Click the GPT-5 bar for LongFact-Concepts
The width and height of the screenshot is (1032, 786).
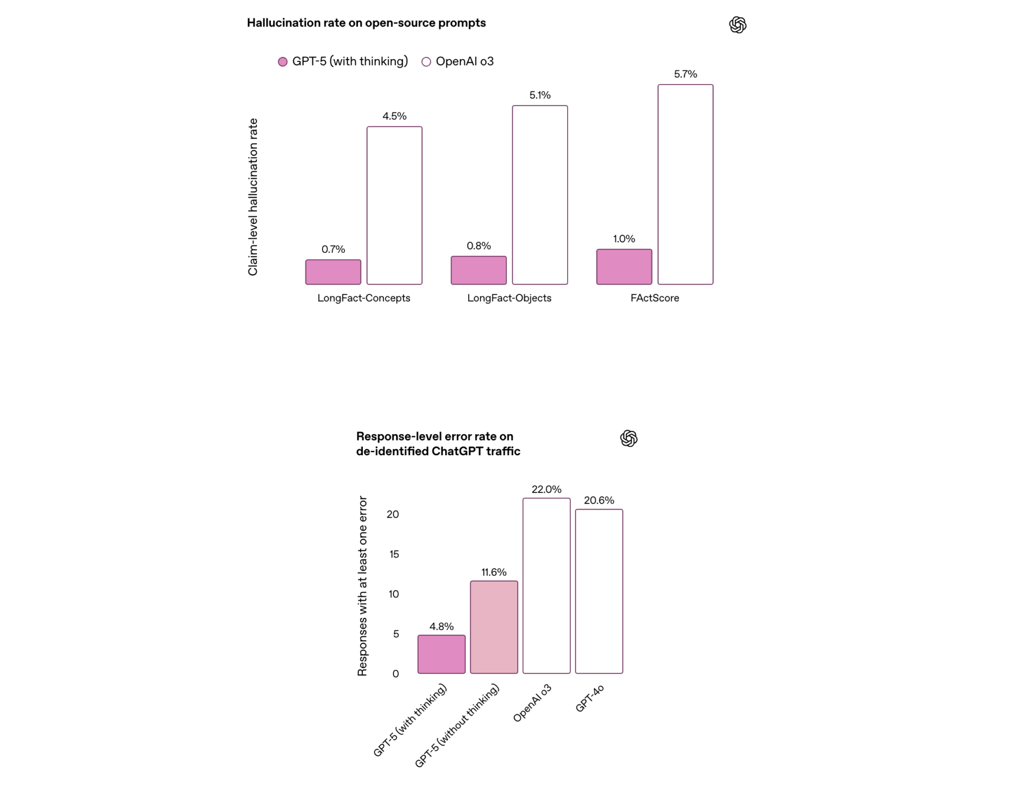pyautogui.click(x=333, y=272)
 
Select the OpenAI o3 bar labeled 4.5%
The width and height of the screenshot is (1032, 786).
pyautogui.click(x=394, y=205)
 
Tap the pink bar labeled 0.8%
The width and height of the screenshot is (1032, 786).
pyautogui.click(x=478, y=270)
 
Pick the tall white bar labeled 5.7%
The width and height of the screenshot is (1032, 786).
pyautogui.click(x=685, y=184)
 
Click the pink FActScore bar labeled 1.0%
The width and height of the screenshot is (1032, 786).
pyautogui.click(x=623, y=266)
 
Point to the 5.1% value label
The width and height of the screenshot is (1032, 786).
pyautogui.click(x=540, y=95)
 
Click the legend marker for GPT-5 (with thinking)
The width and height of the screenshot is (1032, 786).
pyautogui.click(x=283, y=62)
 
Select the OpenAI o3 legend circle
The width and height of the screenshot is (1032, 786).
pyautogui.click(x=426, y=62)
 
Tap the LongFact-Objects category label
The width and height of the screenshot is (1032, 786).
pyautogui.click(x=509, y=298)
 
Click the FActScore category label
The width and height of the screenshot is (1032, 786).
pyautogui.click(x=654, y=298)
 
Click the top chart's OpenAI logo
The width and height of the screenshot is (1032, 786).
pyautogui.click(x=737, y=25)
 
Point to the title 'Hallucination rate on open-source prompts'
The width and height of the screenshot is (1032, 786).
pyautogui.click(x=366, y=23)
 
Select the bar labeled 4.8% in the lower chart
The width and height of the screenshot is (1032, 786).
pyautogui.click(x=441, y=654)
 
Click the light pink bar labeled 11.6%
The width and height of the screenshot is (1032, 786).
pyautogui.click(x=493, y=627)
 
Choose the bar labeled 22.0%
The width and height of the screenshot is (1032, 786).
pyautogui.click(x=546, y=585)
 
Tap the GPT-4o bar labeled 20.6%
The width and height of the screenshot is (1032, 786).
pyautogui.click(x=599, y=591)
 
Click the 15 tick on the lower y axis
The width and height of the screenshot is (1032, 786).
pyautogui.click(x=394, y=554)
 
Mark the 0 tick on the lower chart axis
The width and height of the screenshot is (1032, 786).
pyautogui.click(x=396, y=674)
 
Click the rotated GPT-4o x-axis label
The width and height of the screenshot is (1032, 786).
pyautogui.click(x=590, y=698)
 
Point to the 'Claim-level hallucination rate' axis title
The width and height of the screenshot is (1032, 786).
pyautogui.click(x=253, y=197)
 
